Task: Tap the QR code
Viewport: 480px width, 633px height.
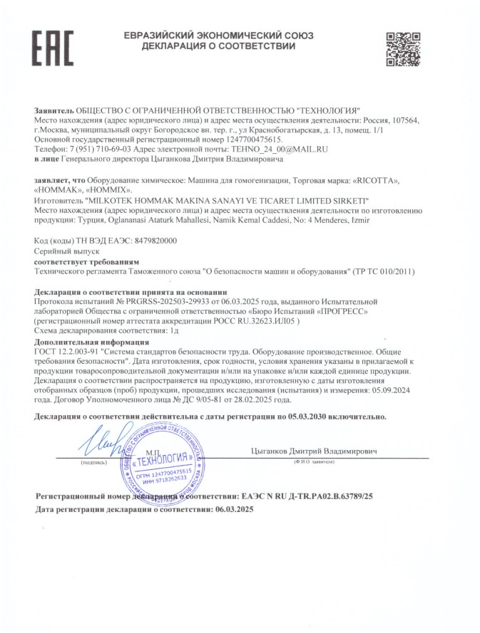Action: pyautogui.click(x=402, y=48)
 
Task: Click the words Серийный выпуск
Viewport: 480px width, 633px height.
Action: pyautogui.click(x=61, y=253)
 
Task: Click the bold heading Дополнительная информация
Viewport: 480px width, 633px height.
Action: pyautogui.click(x=86, y=341)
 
